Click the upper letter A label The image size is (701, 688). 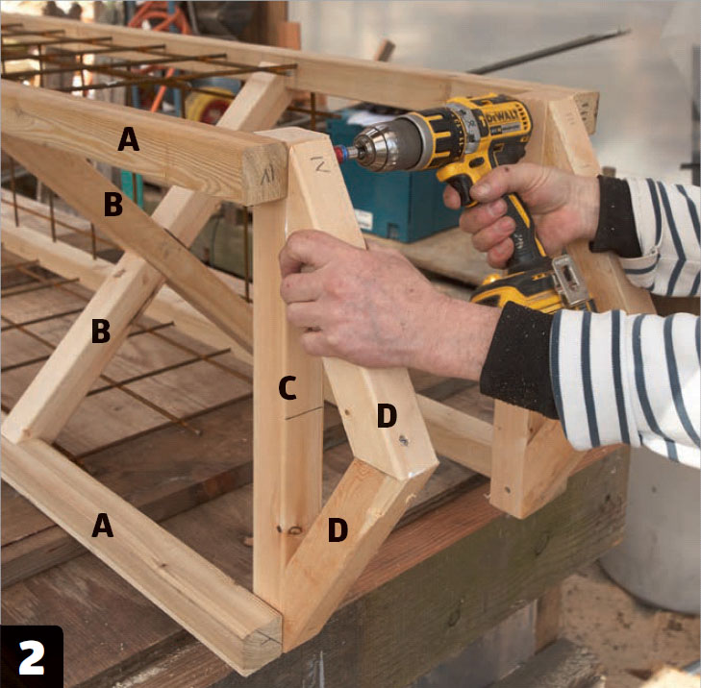coord(128,139)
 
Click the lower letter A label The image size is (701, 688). coord(102,525)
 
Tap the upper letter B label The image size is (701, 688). coord(113,204)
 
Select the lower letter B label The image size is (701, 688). coord(101,332)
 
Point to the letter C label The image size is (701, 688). coord(288,388)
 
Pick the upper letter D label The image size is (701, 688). coord(387,415)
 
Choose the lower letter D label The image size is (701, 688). coord(338,529)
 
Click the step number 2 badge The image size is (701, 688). coord(32,656)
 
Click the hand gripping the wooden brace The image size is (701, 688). coord(371,304)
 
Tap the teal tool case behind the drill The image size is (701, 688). coord(393,187)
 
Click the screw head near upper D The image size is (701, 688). coord(404,440)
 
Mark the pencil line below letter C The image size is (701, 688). coord(304,413)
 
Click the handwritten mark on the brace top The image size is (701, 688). coord(320,164)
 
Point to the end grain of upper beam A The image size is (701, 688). coord(264,174)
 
